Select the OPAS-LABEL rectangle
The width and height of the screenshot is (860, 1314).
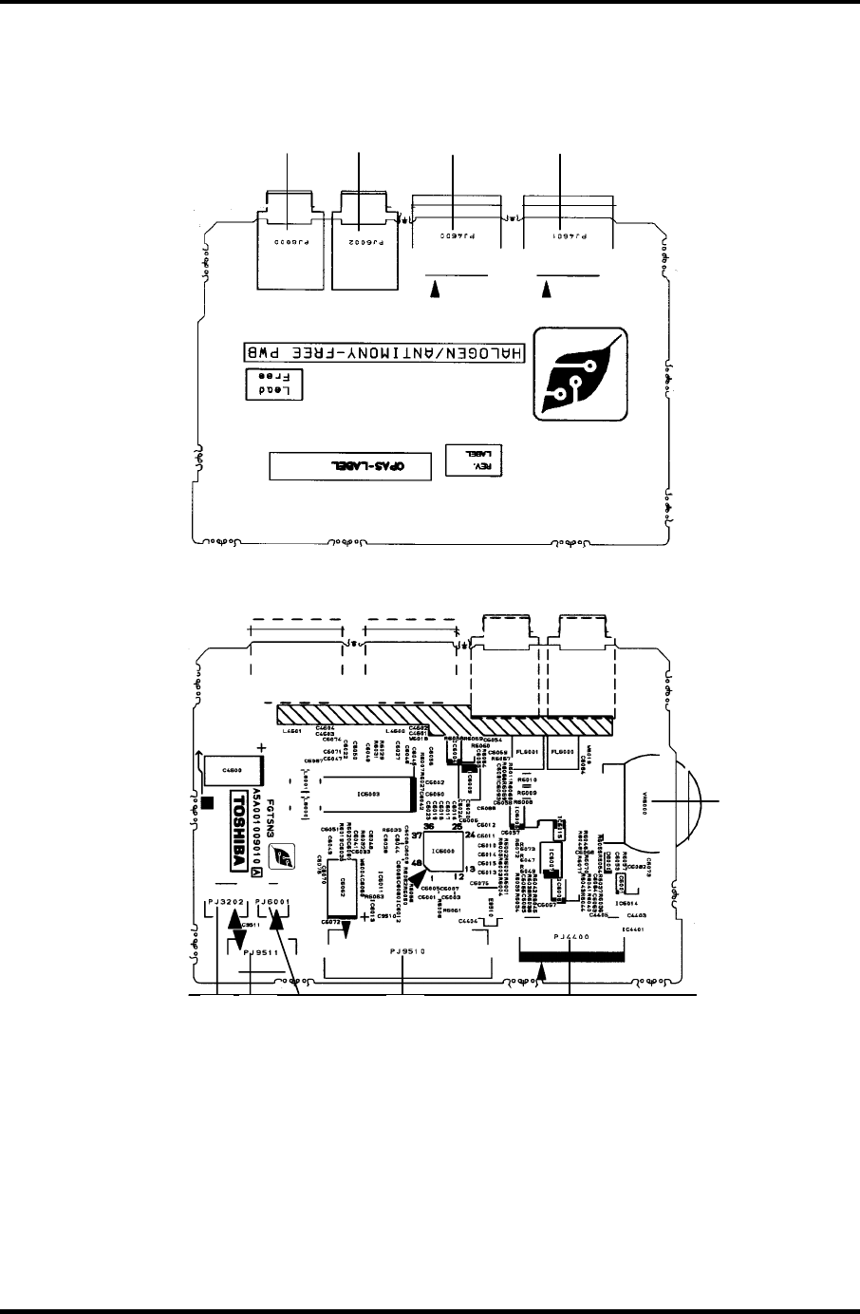pos(343,465)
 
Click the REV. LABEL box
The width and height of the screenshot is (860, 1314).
pos(473,459)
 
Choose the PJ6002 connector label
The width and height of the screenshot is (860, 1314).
pos(360,243)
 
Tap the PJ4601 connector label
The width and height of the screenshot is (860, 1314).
pos(563,233)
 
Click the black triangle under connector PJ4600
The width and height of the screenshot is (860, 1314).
pos(436,295)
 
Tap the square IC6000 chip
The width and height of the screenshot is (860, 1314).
pos(443,852)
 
